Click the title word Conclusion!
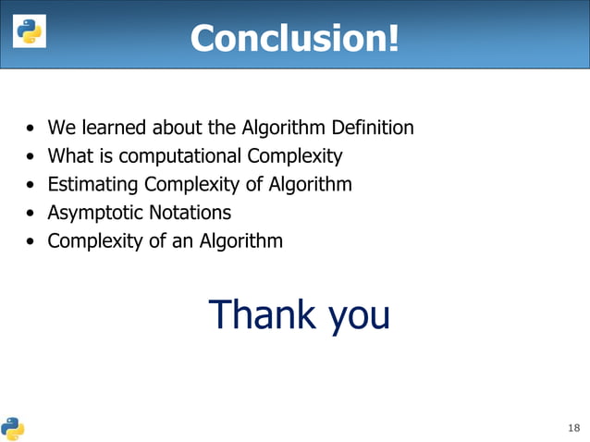[295, 38]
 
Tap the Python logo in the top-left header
[28, 32]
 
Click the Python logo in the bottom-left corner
[12, 428]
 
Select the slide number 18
[573, 427]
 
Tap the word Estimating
[92, 185]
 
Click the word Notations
[191, 214]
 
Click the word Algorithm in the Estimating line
[310, 185]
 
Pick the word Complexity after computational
[295, 156]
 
